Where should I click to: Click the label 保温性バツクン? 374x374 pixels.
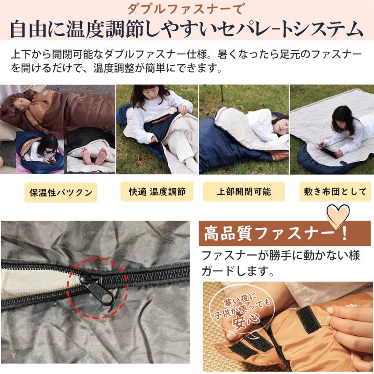coord(61,192)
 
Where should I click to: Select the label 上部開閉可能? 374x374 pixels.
coord(244,192)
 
